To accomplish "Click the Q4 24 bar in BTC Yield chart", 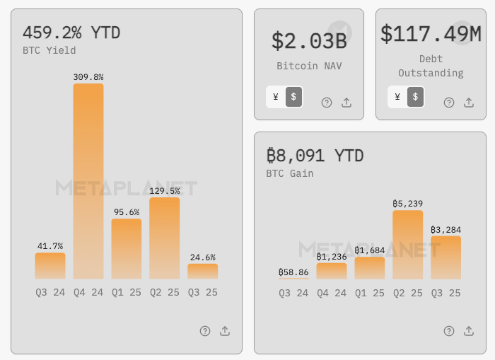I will tap(88, 181).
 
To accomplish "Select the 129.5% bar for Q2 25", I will tap(165, 238).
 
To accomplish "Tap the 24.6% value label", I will tap(202, 257).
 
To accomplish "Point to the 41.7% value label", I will tap(50, 246).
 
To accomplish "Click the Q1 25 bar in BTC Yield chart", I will tap(127, 248).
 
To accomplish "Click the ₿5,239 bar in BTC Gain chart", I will tap(408, 244).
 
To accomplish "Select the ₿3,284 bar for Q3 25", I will tap(446, 257).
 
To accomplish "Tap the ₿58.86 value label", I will tap(293, 272).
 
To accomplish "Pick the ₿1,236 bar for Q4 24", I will tap(332, 270).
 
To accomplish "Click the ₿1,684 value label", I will tap(370, 250).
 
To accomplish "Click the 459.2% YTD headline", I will tap(71, 33).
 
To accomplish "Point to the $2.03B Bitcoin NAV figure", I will tap(309, 40).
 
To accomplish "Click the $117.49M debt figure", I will tap(431, 34).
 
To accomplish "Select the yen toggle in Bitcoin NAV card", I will tap(275, 97).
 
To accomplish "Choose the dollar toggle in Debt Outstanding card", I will tap(415, 97).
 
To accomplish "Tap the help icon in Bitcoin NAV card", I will tap(327, 103).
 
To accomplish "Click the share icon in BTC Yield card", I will tap(225, 331).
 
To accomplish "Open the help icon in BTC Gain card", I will tap(449, 331).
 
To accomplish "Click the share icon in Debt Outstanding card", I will tap(469, 103).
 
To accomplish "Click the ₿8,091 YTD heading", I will tap(315, 155).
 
